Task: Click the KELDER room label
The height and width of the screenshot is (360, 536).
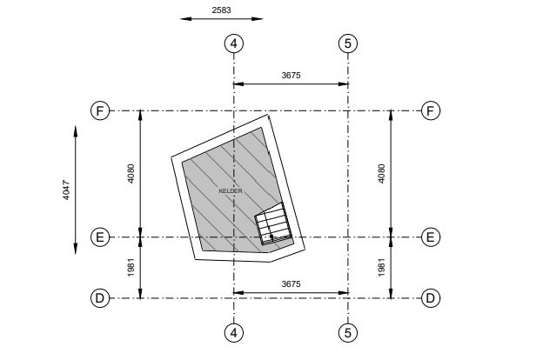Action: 231,191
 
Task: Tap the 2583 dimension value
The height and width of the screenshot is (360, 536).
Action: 222,10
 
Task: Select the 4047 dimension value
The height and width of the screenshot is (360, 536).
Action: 66,190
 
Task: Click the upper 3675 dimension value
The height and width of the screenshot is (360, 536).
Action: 291,75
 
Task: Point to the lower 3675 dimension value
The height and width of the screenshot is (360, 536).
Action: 291,283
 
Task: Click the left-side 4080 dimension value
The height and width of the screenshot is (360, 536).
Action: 131,174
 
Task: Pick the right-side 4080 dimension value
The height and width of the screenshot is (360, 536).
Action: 381,174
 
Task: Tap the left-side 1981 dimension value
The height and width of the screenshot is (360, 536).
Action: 131,268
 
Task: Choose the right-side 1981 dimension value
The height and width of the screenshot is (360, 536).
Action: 381,268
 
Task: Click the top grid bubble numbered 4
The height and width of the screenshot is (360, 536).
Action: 234,43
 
